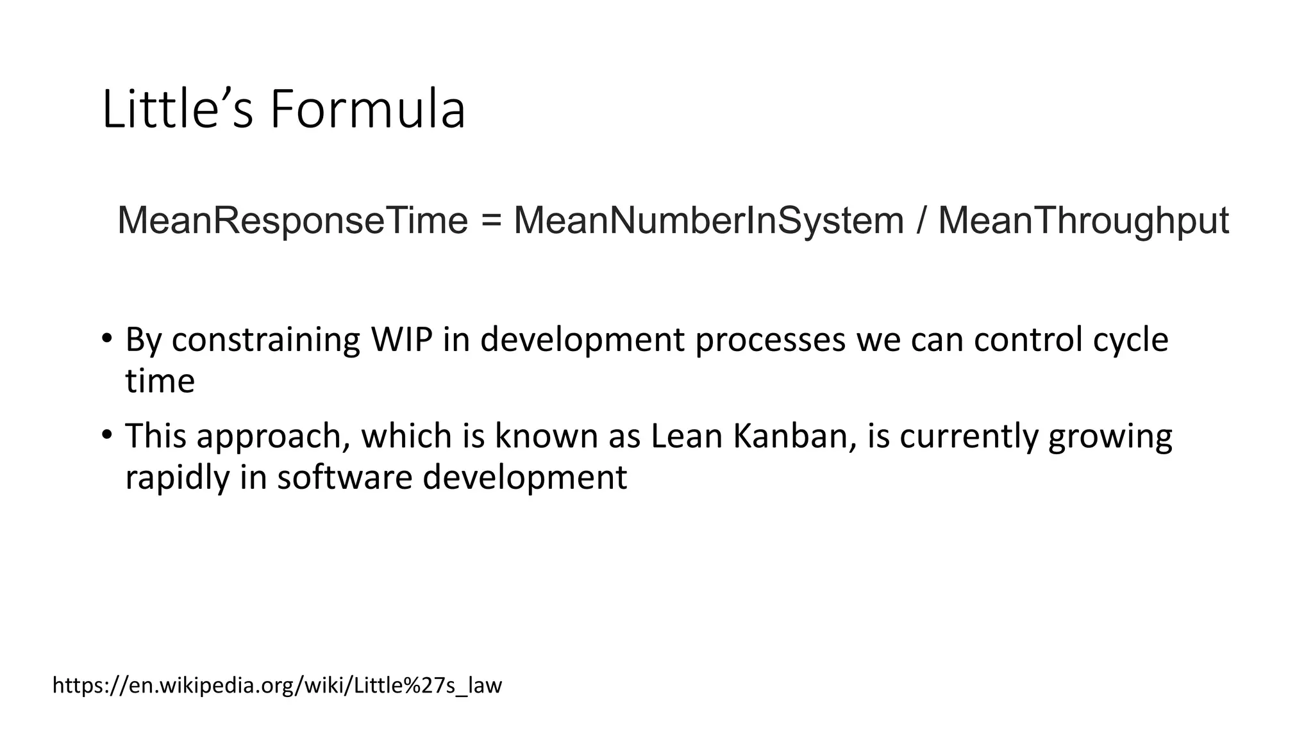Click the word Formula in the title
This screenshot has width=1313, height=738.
(367, 110)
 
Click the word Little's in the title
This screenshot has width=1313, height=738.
(178, 110)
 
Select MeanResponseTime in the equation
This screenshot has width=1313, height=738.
(293, 220)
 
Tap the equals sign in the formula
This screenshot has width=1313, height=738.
(491, 222)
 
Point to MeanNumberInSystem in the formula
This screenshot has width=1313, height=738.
(708, 220)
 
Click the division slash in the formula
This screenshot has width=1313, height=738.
(921, 220)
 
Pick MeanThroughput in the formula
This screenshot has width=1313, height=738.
(1083, 220)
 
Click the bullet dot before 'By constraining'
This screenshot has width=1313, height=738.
(107, 338)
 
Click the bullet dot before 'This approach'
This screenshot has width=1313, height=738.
(107, 434)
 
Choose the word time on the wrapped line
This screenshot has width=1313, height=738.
(160, 381)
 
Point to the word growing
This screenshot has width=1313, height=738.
(1110, 437)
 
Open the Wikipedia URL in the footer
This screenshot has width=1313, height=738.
(277, 685)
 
